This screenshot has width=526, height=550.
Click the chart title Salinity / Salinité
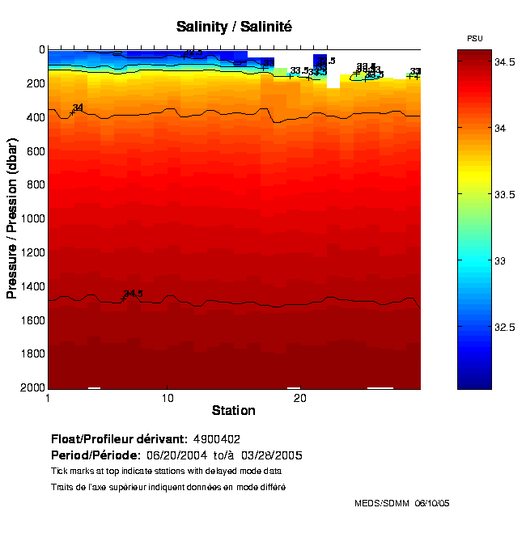coord(234,27)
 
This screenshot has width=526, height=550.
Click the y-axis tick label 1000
coord(32,219)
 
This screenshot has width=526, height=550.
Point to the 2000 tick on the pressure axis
coord(32,388)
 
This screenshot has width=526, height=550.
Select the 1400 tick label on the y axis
coord(32,286)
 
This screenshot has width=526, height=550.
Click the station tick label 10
coord(168,399)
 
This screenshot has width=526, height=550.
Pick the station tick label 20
coord(299,399)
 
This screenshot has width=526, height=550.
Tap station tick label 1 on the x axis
coord(49,399)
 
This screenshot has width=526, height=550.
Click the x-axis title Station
coord(234,410)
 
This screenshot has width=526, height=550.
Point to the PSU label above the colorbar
coord(476,39)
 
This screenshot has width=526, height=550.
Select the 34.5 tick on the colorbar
coord(507,61)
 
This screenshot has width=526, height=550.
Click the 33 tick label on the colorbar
coord(500,260)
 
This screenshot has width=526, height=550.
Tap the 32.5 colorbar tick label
coord(507,327)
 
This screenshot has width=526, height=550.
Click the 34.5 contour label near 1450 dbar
coord(133,294)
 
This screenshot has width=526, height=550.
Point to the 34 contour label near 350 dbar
coord(78,108)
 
